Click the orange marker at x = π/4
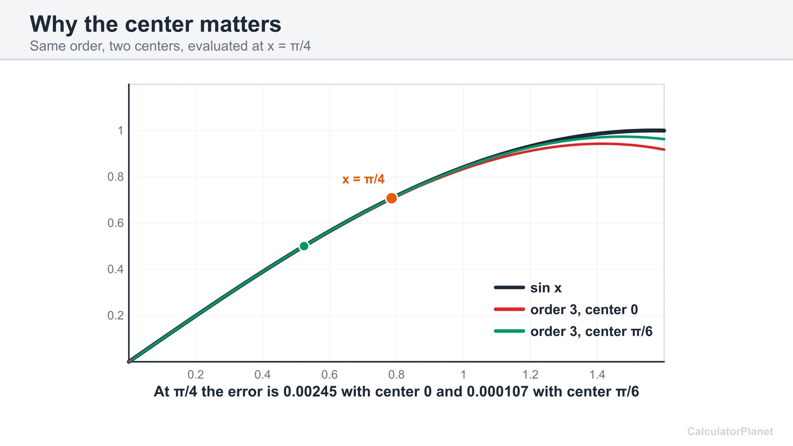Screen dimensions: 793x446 391,198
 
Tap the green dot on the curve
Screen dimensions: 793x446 304,246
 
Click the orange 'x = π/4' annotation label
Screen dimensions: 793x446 363,179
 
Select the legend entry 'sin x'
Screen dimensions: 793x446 528,288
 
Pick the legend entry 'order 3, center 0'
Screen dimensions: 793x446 566,310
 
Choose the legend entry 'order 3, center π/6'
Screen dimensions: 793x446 573,332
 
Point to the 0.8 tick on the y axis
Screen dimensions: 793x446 115,176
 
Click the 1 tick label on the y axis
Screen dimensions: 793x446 120,131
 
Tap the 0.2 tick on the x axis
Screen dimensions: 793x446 196,375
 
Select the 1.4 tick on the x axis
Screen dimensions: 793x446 597,375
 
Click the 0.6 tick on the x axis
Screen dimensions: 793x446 329,375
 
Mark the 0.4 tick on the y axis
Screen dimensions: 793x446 115,270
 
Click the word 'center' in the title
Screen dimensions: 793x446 159,24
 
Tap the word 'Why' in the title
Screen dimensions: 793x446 54,24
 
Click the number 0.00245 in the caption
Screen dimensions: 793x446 310,392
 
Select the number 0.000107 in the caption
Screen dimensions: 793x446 498,392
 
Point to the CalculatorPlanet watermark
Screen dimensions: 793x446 730,432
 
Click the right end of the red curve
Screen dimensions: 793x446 664,149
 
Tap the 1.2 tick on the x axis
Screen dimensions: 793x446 530,375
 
